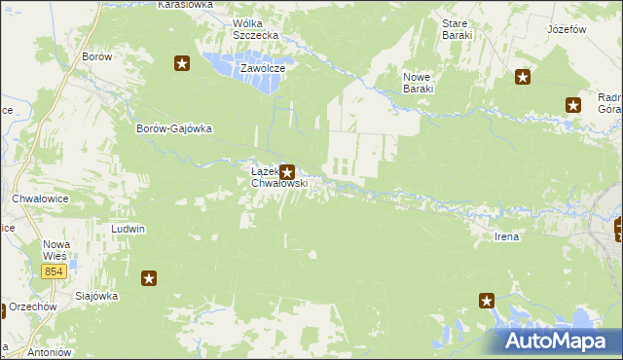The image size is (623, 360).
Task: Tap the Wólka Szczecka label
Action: [256, 29]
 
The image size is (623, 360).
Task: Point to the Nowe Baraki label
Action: [418, 82]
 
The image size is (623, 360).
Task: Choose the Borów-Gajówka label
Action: [174, 128]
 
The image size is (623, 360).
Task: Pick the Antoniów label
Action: [23, 352]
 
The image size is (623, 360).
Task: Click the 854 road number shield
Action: [55, 271]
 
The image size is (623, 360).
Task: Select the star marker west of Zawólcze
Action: [182, 64]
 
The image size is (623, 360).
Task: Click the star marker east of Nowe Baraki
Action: [523, 78]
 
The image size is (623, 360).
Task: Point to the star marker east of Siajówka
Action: [149, 279]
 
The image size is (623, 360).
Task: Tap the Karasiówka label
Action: [184, 5]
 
